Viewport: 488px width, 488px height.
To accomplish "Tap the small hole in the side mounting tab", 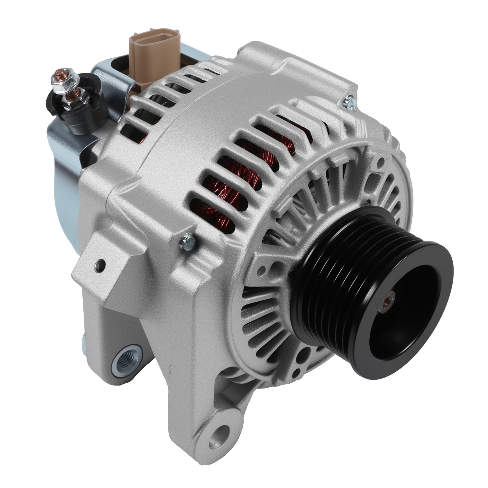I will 100,264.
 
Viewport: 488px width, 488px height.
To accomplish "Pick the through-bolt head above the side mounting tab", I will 187,240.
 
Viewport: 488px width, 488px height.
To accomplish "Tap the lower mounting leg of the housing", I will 195,381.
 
